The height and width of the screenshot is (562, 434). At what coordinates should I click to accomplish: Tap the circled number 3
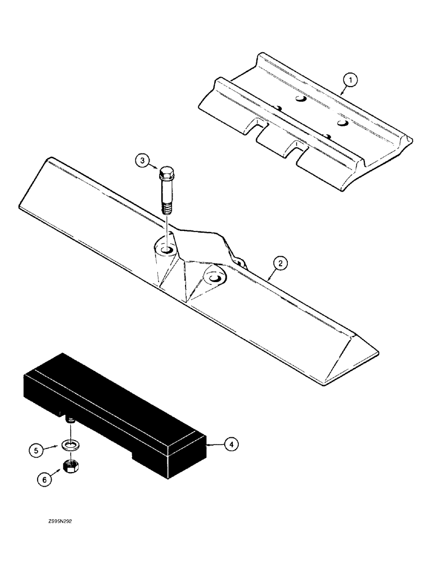tap(143, 162)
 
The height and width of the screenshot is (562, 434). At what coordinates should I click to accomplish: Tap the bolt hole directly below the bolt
tap(168, 250)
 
